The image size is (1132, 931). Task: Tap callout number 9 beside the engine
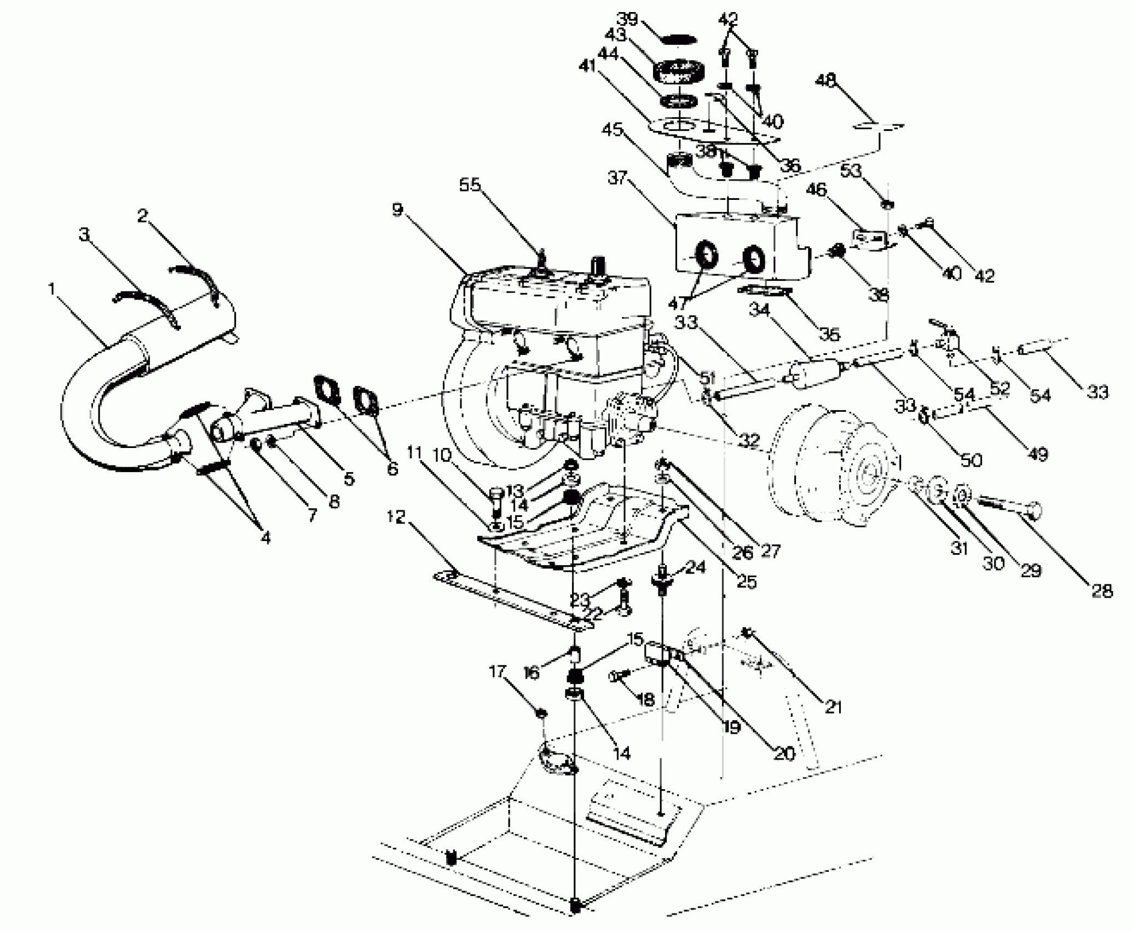[397, 209]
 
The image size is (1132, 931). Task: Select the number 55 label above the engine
[470, 185]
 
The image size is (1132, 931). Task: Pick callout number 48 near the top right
[827, 81]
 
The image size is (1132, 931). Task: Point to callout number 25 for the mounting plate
[747, 581]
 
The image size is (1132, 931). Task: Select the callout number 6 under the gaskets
[392, 469]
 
